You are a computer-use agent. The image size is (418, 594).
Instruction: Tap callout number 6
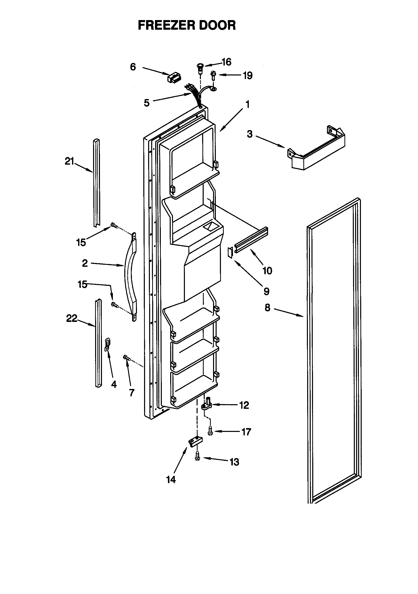tap(133, 67)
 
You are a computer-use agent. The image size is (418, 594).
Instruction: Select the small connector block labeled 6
tap(174, 77)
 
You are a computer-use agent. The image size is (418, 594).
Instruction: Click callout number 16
tap(226, 62)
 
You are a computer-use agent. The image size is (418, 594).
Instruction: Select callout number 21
tap(69, 162)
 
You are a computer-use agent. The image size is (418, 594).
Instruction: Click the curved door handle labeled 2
tap(130, 277)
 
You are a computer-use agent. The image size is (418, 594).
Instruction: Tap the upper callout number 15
tap(81, 243)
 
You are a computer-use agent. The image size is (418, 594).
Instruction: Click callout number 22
tap(72, 319)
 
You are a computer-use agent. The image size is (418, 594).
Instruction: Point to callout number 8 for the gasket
tap(267, 308)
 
